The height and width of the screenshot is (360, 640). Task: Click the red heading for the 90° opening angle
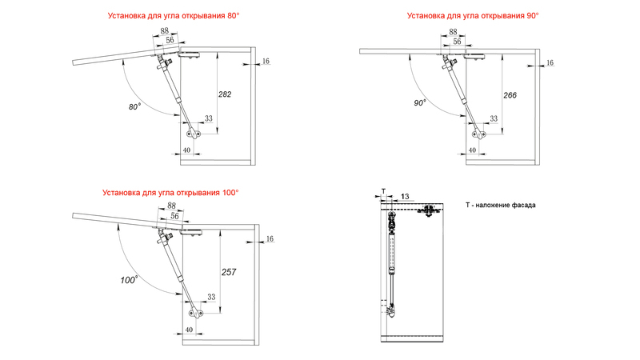coord(472,15)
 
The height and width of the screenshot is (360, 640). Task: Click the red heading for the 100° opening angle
coord(170,193)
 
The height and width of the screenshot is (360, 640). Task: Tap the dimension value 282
coord(225,94)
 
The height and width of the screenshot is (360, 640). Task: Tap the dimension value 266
coord(510,95)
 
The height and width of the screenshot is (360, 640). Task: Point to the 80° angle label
coord(134,106)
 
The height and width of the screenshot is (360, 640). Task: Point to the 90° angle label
coord(420,103)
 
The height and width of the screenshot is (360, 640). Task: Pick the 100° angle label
coord(129,280)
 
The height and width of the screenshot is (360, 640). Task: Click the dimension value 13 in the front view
coord(405,196)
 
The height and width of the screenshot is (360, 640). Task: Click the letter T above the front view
coord(382,190)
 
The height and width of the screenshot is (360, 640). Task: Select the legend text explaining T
coord(500,206)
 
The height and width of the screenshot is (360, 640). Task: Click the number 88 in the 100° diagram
coord(170,206)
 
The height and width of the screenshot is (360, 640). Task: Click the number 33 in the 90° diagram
coord(493,118)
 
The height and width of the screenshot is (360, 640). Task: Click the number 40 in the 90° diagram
coord(472,150)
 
